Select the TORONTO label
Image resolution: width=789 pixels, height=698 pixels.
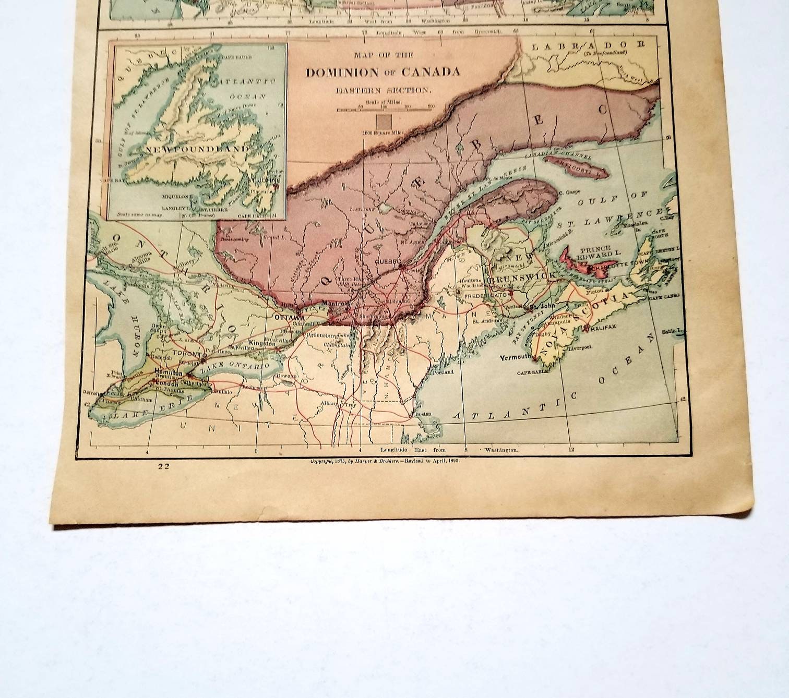(x=187, y=353)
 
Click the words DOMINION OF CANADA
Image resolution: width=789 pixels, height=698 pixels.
(x=382, y=72)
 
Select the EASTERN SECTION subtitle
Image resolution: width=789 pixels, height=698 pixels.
(x=384, y=90)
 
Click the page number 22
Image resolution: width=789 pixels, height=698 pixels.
(x=165, y=467)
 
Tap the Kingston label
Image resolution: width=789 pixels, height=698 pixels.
(x=262, y=343)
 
